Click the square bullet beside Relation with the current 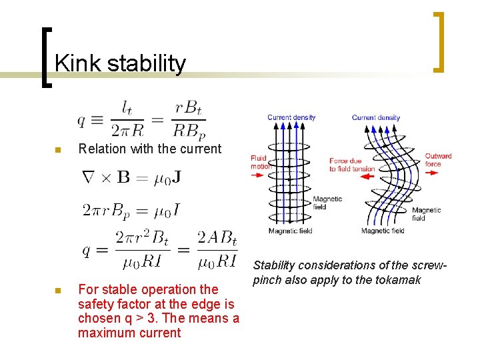pyautogui.click(x=58, y=150)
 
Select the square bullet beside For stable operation pyautogui.click(x=58, y=291)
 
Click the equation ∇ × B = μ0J pyautogui.click(x=131, y=178)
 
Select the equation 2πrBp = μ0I pyautogui.click(x=131, y=211)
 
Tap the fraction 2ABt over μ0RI pyautogui.click(x=217, y=249)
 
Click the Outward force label pyautogui.click(x=438, y=160)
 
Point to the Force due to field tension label pyautogui.click(x=351, y=165)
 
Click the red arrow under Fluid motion pyautogui.click(x=259, y=175)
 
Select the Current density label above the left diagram pyautogui.click(x=291, y=117)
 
